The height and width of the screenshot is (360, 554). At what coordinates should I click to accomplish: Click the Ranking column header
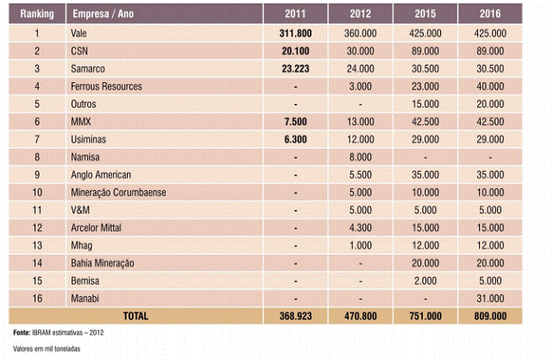pyautogui.click(x=37, y=14)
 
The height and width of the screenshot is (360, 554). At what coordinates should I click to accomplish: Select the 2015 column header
pyautogui.click(x=425, y=14)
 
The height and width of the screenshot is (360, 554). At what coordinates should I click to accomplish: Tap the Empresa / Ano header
pyautogui.click(x=104, y=14)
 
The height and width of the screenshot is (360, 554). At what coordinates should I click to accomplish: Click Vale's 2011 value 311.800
pyautogui.click(x=295, y=34)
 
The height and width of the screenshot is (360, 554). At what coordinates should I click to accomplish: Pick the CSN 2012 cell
pyautogui.click(x=361, y=51)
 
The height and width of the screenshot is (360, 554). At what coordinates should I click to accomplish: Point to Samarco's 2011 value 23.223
pyautogui.click(x=295, y=68)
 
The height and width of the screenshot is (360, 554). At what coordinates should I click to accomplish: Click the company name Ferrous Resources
pyautogui.click(x=106, y=86)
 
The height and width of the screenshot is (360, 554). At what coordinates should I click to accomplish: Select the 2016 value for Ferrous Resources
pyautogui.click(x=490, y=86)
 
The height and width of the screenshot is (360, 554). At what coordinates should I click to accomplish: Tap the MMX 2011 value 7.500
pyautogui.click(x=295, y=122)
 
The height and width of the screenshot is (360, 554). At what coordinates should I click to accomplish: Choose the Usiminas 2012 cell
pyautogui.click(x=361, y=139)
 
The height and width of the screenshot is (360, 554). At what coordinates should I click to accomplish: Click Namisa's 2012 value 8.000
pyautogui.click(x=361, y=157)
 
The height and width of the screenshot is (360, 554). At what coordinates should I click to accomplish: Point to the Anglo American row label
pyautogui.click(x=101, y=174)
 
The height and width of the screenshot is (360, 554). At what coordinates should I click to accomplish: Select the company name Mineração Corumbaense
pyautogui.click(x=118, y=193)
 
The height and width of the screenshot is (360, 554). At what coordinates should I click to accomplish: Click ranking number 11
pyautogui.click(x=37, y=210)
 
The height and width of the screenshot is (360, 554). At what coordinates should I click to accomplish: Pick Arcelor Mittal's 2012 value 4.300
pyautogui.click(x=361, y=228)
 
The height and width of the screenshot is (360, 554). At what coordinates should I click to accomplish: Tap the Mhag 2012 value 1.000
pyautogui.click(x=361, y=245)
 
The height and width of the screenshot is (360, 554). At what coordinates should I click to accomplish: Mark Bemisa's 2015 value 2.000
pyautogui.click(x=425, y=281)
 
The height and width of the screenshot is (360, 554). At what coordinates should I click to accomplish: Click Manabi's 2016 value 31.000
pyautogui.click(x=490, y=299)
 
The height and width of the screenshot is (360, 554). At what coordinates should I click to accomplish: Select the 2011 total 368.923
pyautogui.click(x=295, y=316)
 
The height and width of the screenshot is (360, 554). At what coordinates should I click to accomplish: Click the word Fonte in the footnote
pyautogui.click(x=22, y=332)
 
